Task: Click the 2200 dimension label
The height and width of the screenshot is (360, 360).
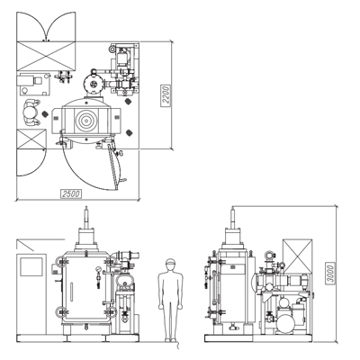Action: pyautogui.click(x=166, y=95)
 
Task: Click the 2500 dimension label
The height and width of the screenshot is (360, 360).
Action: pyautogui.click(x=71, y=193)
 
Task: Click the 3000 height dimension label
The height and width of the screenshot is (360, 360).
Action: pyautogui.click(x=330, y=274)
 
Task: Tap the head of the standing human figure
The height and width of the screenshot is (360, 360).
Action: pyautogui.click(x=170, y=265)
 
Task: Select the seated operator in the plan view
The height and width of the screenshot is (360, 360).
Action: pyautogui.click(x=31, y=112)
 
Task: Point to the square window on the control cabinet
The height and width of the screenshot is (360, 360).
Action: pyautogui.click(x=31, y=267)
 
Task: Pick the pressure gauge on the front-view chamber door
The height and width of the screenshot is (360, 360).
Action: pyautogui.click(x=98, y=270)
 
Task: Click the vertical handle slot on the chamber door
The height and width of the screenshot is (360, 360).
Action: pyautogui.click(x=71, y=292)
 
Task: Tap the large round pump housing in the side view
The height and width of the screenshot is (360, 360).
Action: pyautogui.click(x=285, y=323)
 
